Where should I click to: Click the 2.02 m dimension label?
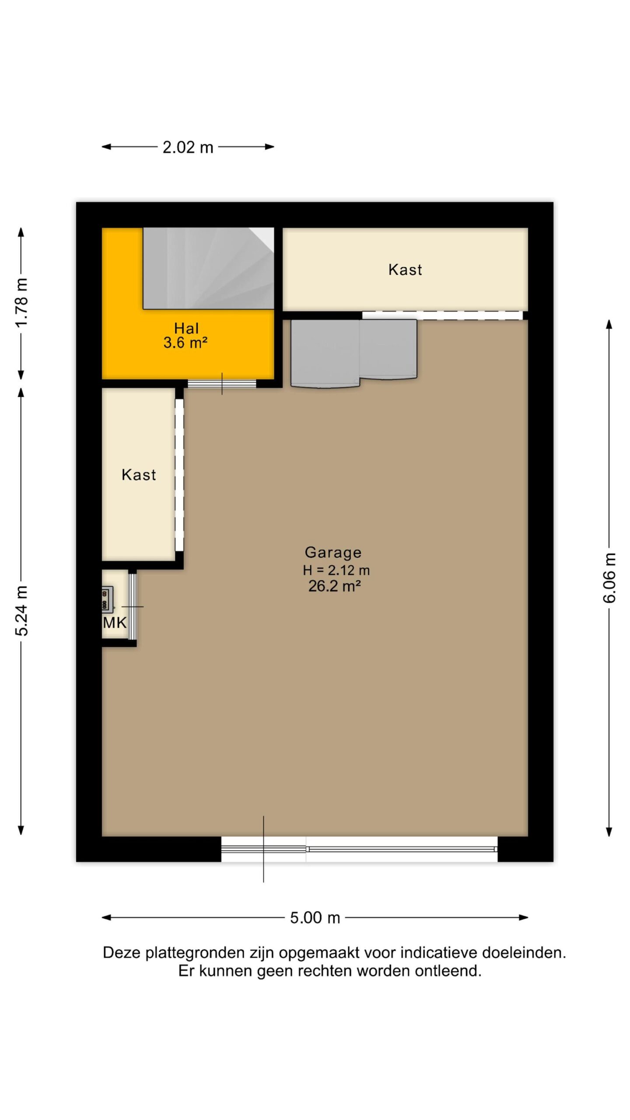tap(188, 147)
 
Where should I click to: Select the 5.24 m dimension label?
tap(21, 611)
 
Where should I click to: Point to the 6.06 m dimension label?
tap(609, 577)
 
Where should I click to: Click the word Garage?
tap(333, 552)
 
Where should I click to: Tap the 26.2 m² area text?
tap(335, 586)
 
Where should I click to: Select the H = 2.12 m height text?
tap(336, 570)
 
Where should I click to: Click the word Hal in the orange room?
tap(186, 328)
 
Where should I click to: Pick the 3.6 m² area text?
tap(185, 343)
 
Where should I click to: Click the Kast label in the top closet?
tap(405, 269)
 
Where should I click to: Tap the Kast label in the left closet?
tap(139, 475)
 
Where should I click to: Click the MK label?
tap(115, 623)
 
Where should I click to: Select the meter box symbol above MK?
tap(107, 599)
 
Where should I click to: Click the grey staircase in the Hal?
tap(209, 268)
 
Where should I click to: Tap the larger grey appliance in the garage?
tap(325, 353)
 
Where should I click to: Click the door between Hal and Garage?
tap(222, 384)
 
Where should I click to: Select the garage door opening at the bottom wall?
tap(359, 849)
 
